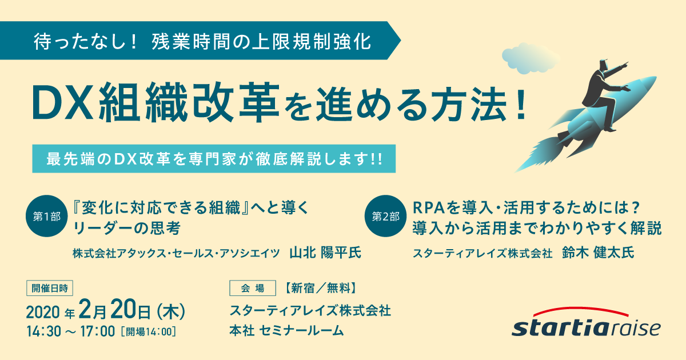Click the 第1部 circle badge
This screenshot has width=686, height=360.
click(46, 216)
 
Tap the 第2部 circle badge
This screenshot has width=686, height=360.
click(385, 216)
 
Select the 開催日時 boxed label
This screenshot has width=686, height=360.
click(50, 288)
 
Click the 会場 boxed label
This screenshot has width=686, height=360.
click(253, 288)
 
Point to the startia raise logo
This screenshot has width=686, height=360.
click(586, 322)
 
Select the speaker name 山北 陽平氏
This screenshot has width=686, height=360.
click(325, 253)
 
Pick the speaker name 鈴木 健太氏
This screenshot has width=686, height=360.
click(598, 253)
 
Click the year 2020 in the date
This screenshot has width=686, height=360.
click(43, 312)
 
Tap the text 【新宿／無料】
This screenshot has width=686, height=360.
click(321, 288)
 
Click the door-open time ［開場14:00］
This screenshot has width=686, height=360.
click(149, 332)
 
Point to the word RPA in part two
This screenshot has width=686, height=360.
click(428, 208)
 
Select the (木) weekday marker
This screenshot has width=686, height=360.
click(171, 311)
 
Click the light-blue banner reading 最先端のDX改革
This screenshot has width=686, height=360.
click(214, 159)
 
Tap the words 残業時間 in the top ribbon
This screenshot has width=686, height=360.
click(192, 41)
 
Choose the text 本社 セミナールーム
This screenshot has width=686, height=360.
click(286, 331)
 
